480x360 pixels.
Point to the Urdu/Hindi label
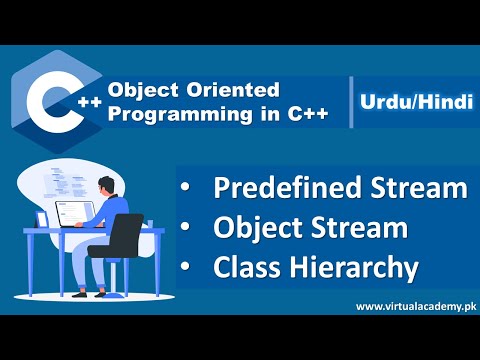coord(412,103)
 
